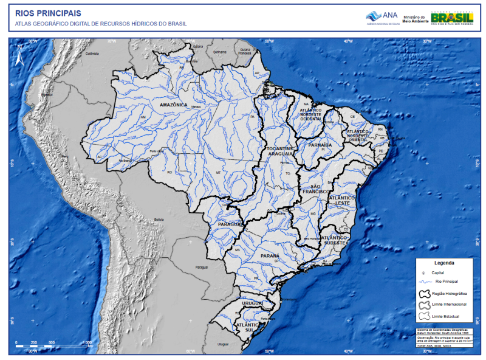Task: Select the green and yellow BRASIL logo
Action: coord(452,18)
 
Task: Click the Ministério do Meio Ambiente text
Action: coord(414,19)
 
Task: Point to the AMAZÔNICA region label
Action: coord(173,105)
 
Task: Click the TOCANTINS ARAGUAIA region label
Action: coord(280,151)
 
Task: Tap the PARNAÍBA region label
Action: coord(320,145)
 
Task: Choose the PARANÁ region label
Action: coord(270,256)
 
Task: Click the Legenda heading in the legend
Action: coord(443,263)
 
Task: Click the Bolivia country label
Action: coord(159,219)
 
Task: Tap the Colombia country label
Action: coord(92,54)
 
